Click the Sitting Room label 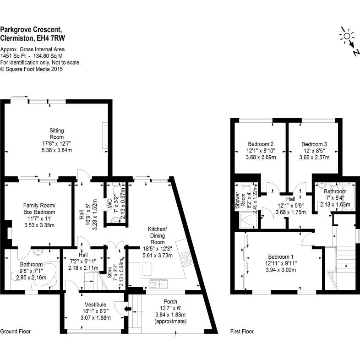[x=57, y=134]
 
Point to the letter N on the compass [x=355, y=53]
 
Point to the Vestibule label [x=96, y=305]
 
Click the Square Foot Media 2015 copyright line [x=32, y=69]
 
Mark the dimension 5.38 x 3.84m [x=57, y=149]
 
